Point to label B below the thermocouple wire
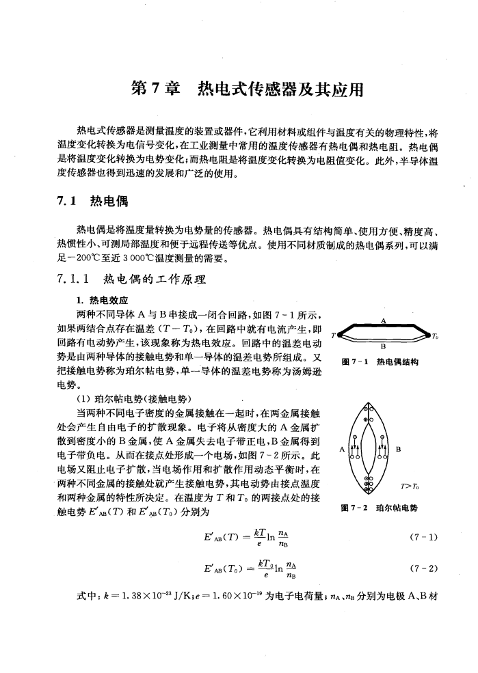(383, 346)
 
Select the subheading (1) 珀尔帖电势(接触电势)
(134, 398)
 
